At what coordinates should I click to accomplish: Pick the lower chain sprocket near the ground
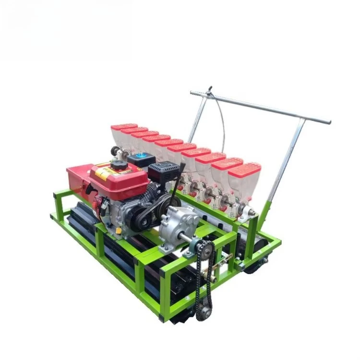coord(204,312)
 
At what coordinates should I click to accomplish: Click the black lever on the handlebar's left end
coord(209,90)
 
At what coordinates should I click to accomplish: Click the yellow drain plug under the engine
coord(119,231)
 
